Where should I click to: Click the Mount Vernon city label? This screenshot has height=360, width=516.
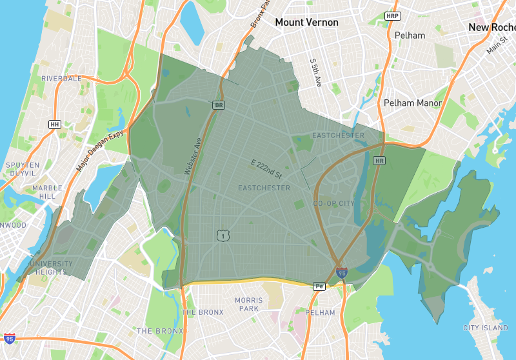click(306, 23)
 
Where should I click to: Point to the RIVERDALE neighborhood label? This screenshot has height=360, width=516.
click(61, 78)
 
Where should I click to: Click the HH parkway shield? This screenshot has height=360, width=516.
click(54, 124)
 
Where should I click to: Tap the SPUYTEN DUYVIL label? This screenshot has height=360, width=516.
click(23, 169)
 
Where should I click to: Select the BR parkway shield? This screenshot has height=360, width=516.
click(219, 105)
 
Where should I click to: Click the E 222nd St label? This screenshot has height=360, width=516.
click(266, 168)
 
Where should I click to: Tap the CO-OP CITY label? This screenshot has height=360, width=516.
click(333, 204)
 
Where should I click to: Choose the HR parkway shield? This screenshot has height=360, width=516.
click(379, 160)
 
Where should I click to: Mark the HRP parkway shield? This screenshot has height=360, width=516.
click(392, 15)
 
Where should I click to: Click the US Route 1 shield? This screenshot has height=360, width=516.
click(223, 237)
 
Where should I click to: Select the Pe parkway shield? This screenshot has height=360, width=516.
click(318, 286)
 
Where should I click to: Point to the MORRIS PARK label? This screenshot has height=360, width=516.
click(248, 305)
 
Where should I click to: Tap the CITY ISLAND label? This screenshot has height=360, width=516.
click(486, 328)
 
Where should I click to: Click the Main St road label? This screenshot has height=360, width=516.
click(497, 46)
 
